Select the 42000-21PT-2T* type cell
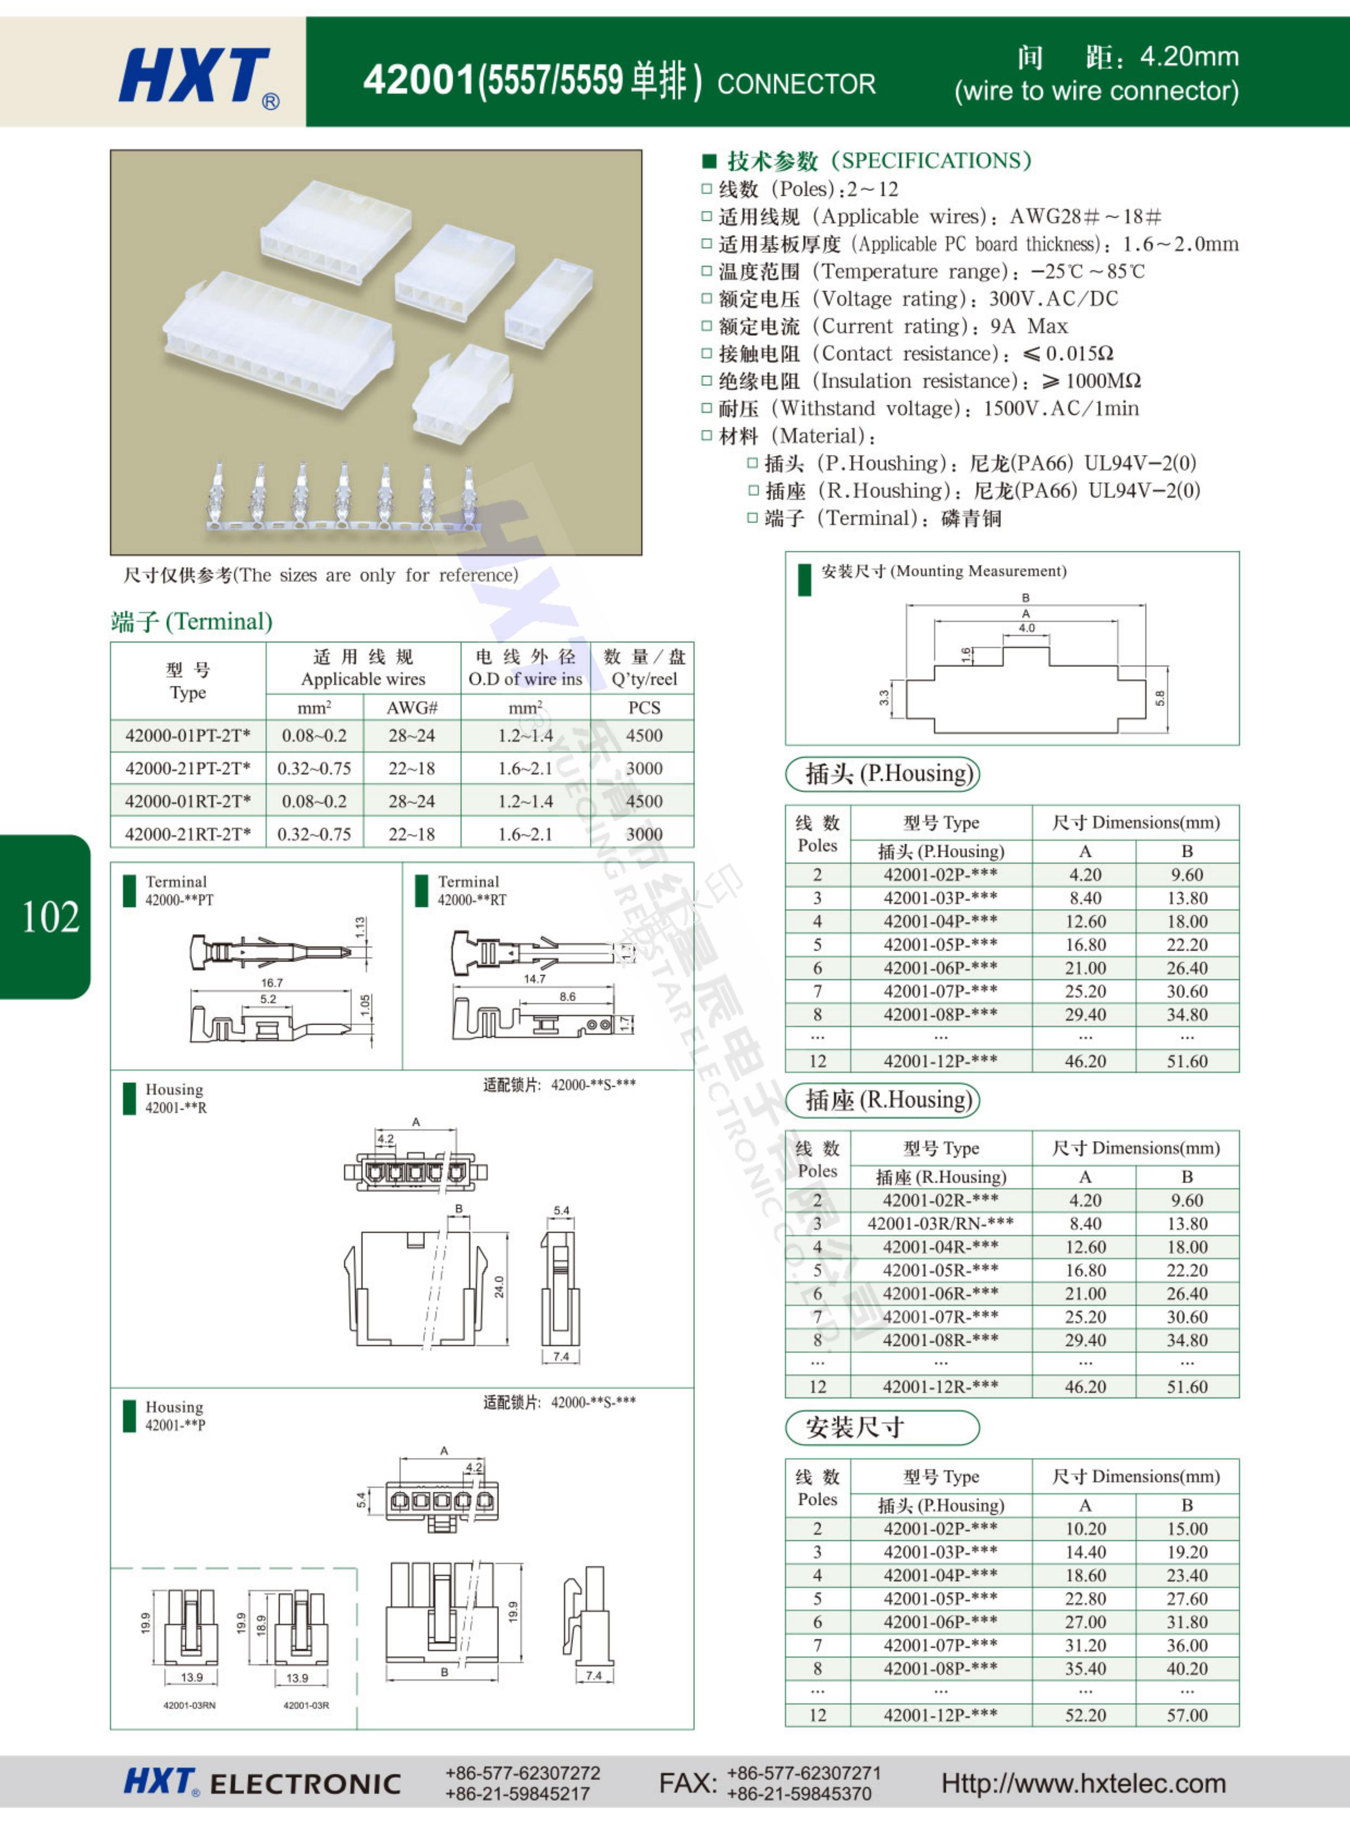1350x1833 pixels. point(188,768)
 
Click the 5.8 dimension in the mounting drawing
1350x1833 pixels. point(1159,698)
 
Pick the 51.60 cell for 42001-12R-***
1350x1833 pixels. point(1187,1387)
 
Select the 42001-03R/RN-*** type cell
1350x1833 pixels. point(941,1223)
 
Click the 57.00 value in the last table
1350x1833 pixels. point(1187,1715)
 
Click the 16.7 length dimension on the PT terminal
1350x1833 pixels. point(272,982)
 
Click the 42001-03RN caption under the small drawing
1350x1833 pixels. point(190,1706)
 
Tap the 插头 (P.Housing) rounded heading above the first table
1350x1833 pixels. point(883,774)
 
